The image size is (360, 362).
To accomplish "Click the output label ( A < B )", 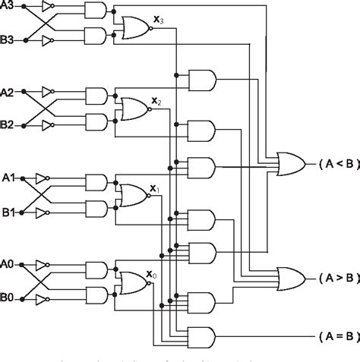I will pyautogui.click(x=333, y=163).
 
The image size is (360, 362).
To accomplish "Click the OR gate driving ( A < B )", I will pyautogui.click(x=290, y=162).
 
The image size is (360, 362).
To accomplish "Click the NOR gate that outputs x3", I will pyautogui.click(x=134, y=27).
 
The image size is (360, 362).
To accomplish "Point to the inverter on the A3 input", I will pyautogui.click(x=48, y=8).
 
